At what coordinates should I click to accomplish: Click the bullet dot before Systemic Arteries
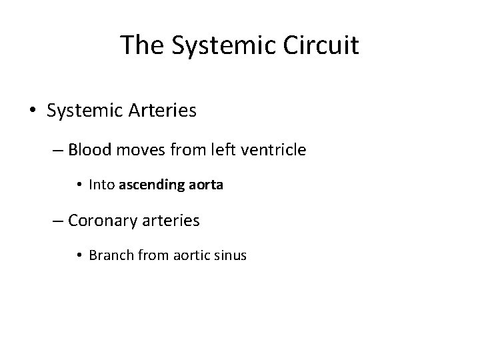click(x=33, y=111)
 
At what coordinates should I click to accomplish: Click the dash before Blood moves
click(x=57, y=151)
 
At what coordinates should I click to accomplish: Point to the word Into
click(x=102, y=186)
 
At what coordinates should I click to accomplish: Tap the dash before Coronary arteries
click(x=57, y=220)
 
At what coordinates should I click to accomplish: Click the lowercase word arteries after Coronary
click(x=171, y=220)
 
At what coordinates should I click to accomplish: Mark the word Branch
click(x=109, y=255)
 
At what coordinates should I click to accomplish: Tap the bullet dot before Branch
click(x=80, y=255)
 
